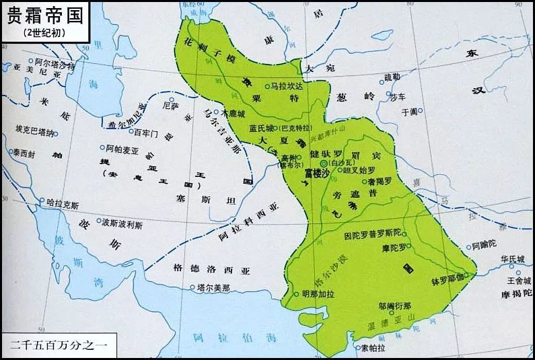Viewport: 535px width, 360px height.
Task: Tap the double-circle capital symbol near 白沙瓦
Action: pos(323,164)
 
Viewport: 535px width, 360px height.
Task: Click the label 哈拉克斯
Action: pos(63,202)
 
